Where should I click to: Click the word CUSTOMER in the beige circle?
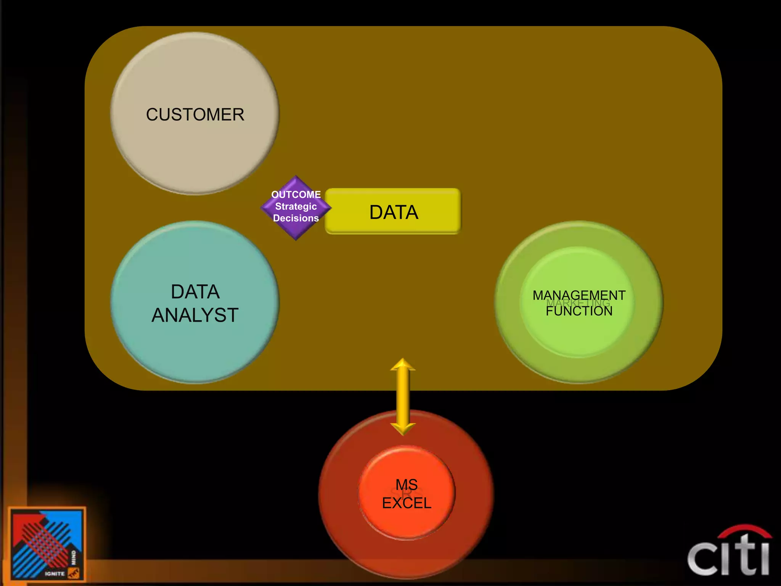tap(195, 114)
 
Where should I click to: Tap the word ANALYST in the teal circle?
tap(195, 315)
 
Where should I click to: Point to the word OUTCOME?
tap(296, 195)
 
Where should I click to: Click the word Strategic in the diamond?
tap(296, 206)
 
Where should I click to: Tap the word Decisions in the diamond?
tap(296, 218)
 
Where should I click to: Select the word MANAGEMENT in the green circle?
tap(579, 295)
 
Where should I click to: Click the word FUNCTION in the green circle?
tap(579, 311)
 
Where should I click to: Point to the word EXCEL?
tap(407, 503)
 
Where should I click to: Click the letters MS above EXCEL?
tap(407, 485)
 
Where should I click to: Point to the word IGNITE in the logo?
tap(55, 573)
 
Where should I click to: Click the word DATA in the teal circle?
tap(195, 292)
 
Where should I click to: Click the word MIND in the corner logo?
tap(74, 557)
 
